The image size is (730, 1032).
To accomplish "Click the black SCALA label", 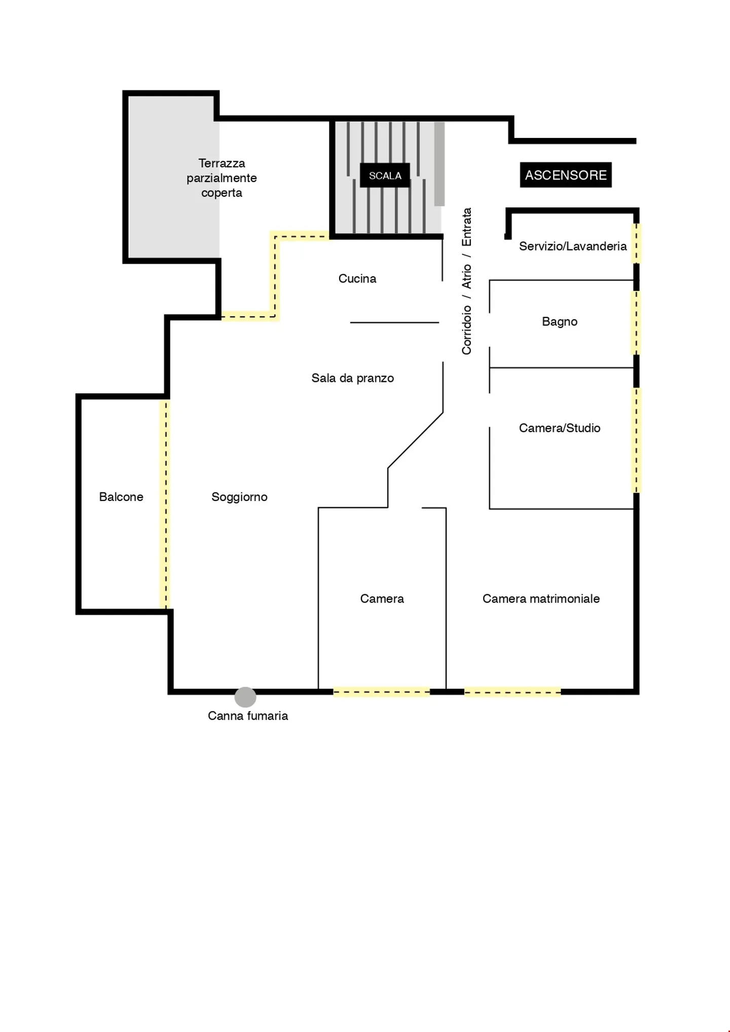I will tap(385, 175).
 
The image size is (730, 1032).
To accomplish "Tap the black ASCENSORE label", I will tap(565, 175).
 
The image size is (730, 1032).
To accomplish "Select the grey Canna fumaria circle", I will tap(245, 697).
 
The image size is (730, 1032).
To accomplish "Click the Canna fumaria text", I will tap(248, 716).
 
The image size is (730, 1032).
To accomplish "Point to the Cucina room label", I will tap(357, 278).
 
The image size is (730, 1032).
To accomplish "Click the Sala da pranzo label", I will tap(352, 378).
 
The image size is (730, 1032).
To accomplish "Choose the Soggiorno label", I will tap(239, 496).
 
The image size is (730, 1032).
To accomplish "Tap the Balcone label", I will tap(121, 496).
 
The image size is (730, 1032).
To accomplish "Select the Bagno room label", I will tap(560, 322).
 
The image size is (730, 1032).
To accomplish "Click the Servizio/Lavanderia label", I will tap(573, 246).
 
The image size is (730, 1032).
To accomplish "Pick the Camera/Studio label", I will tap(560, 428).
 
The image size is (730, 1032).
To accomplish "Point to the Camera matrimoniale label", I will tap(541, 598).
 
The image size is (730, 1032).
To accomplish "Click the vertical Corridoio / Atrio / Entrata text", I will tap(466, 281).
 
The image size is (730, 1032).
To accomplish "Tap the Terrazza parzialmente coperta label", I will tap(222, 178).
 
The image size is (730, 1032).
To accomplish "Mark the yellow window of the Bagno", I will tap(636, 323).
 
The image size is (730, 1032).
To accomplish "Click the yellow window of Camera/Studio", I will tap(636, 440).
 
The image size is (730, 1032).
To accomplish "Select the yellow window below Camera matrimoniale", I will tap(513, 692).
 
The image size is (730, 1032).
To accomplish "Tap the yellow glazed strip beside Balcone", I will tap(165, 504).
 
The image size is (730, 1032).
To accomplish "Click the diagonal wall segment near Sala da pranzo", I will tap(415, 440).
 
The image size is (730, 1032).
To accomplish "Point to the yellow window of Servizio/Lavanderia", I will tap(636, 243).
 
